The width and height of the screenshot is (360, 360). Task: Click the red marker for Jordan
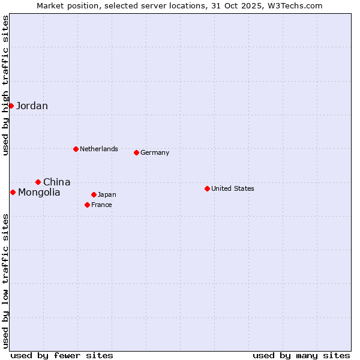click(11, 106)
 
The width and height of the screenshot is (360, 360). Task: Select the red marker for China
click(38, 182)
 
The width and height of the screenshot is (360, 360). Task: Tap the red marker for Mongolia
click(13, 192)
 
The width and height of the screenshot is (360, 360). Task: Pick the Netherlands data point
click(76, 149)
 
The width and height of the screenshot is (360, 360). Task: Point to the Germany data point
click(136, 152)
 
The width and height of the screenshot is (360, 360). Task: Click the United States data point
click(207, 188)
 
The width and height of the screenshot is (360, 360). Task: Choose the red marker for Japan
click(94, 194)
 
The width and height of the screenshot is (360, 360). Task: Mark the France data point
click(87, 205)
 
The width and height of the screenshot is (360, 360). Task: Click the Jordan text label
click(32, 106)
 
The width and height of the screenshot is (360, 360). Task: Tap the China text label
click(56, 182)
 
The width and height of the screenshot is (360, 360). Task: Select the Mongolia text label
click(39, 192)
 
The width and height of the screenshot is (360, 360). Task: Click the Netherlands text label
click(99, 149)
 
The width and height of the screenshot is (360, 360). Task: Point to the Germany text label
click(155, 152)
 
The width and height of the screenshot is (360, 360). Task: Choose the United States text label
click(233, 188)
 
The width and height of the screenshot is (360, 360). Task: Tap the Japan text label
click(107, 194)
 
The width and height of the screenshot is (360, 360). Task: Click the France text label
click(101, 205)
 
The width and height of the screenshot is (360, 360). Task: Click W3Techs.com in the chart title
click(295, 5)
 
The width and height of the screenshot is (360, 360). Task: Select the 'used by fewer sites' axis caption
click(62, 355)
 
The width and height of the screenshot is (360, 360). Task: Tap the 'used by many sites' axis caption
click(301, 355)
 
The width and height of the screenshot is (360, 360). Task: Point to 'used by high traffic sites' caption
click(5, 85)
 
